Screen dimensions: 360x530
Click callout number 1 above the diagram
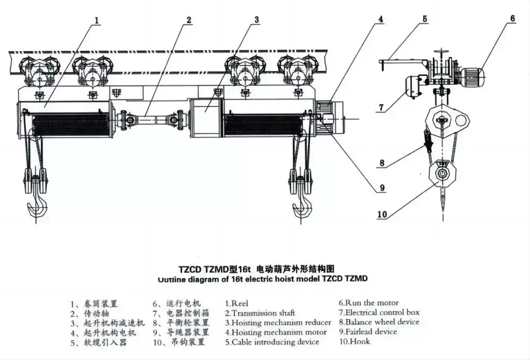pos(97,21)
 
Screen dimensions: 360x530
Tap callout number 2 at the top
pos(189,20)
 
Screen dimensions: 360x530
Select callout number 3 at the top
pos(256,20)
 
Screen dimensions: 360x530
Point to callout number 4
pos(380,20)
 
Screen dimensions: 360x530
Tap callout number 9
pos(382,188)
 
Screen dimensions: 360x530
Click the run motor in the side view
pos(473,77)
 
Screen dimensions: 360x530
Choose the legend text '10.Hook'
pos(355,342)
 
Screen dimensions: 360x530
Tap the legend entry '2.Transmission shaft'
pos(260,313)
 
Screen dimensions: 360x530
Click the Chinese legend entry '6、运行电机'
pos(176,303)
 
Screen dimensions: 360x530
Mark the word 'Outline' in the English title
pos(172,279)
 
